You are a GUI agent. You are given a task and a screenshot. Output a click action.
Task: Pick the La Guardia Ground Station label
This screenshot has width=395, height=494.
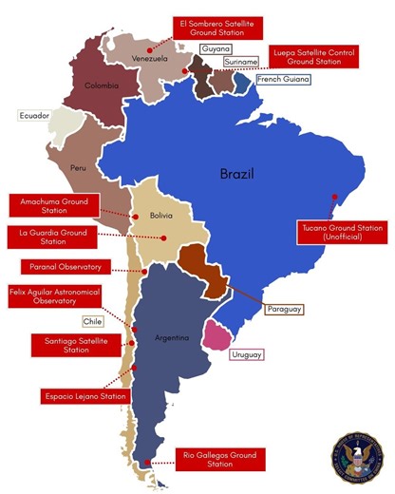[53, 236]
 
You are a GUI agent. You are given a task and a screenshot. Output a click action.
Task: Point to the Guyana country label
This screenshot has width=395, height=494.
[217, 47]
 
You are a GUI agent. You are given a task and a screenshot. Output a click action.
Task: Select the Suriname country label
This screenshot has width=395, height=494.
[239, 62]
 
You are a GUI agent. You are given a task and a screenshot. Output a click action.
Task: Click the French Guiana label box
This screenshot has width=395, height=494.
[282, 80]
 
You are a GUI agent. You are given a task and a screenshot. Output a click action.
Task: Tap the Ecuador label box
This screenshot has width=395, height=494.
[33, 116]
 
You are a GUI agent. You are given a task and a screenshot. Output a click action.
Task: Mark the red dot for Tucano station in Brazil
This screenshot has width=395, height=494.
[333, 198]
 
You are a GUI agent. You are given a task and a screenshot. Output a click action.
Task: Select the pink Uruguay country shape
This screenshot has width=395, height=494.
[220, 334]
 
